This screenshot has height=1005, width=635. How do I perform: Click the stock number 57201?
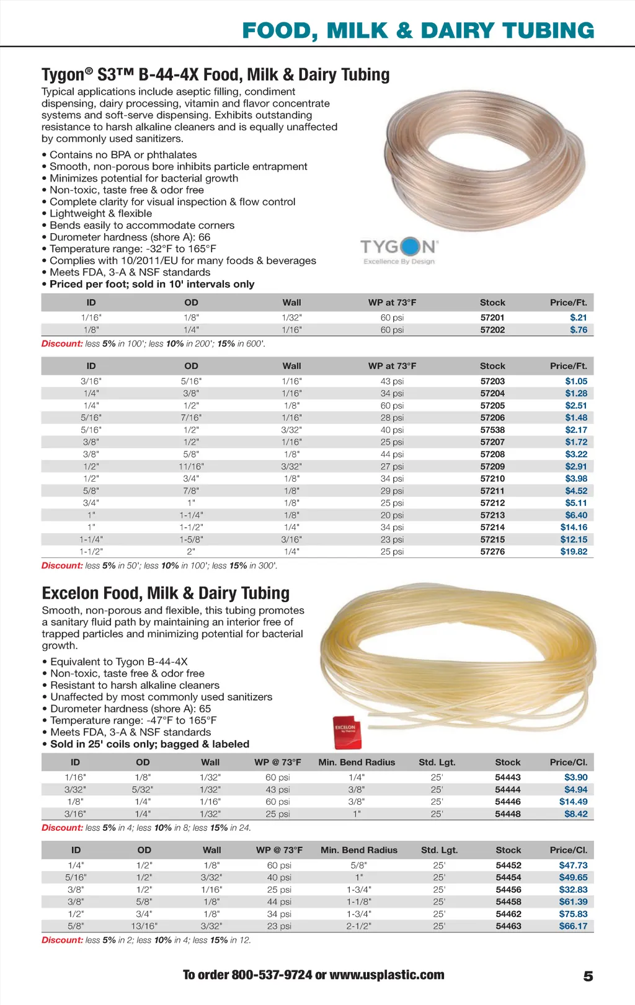[x=492, y=317]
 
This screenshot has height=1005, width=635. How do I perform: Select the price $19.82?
[x=574, y=551]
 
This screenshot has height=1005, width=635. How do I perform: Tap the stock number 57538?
[x=492, y=430]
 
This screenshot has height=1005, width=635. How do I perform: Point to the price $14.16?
[x=574, y=527]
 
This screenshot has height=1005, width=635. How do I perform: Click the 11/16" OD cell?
[x=191, y=466]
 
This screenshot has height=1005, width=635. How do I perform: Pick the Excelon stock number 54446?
[x=508, y=802]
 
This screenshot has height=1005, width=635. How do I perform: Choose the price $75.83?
[x=573, y=914]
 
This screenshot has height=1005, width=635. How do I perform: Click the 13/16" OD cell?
[x=144, y=926]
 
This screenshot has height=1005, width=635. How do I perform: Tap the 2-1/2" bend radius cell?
[x=359, y=926]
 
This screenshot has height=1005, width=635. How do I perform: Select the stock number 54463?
[x=508, y=926]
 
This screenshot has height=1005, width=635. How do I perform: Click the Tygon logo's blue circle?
[x=411, y=247]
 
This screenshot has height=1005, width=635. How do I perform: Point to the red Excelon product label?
[x=346, y=730]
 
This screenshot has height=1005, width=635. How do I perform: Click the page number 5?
[x=588, y=976]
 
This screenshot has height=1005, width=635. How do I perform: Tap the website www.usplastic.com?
[x=387, y=975]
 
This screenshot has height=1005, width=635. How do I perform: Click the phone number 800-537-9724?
[x=272, y=975]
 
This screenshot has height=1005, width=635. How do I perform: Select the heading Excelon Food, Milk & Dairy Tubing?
[x=166, y=593]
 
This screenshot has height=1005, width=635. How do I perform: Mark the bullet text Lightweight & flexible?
[x=100, y=213]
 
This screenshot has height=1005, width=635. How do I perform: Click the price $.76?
[x=579, y=330]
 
